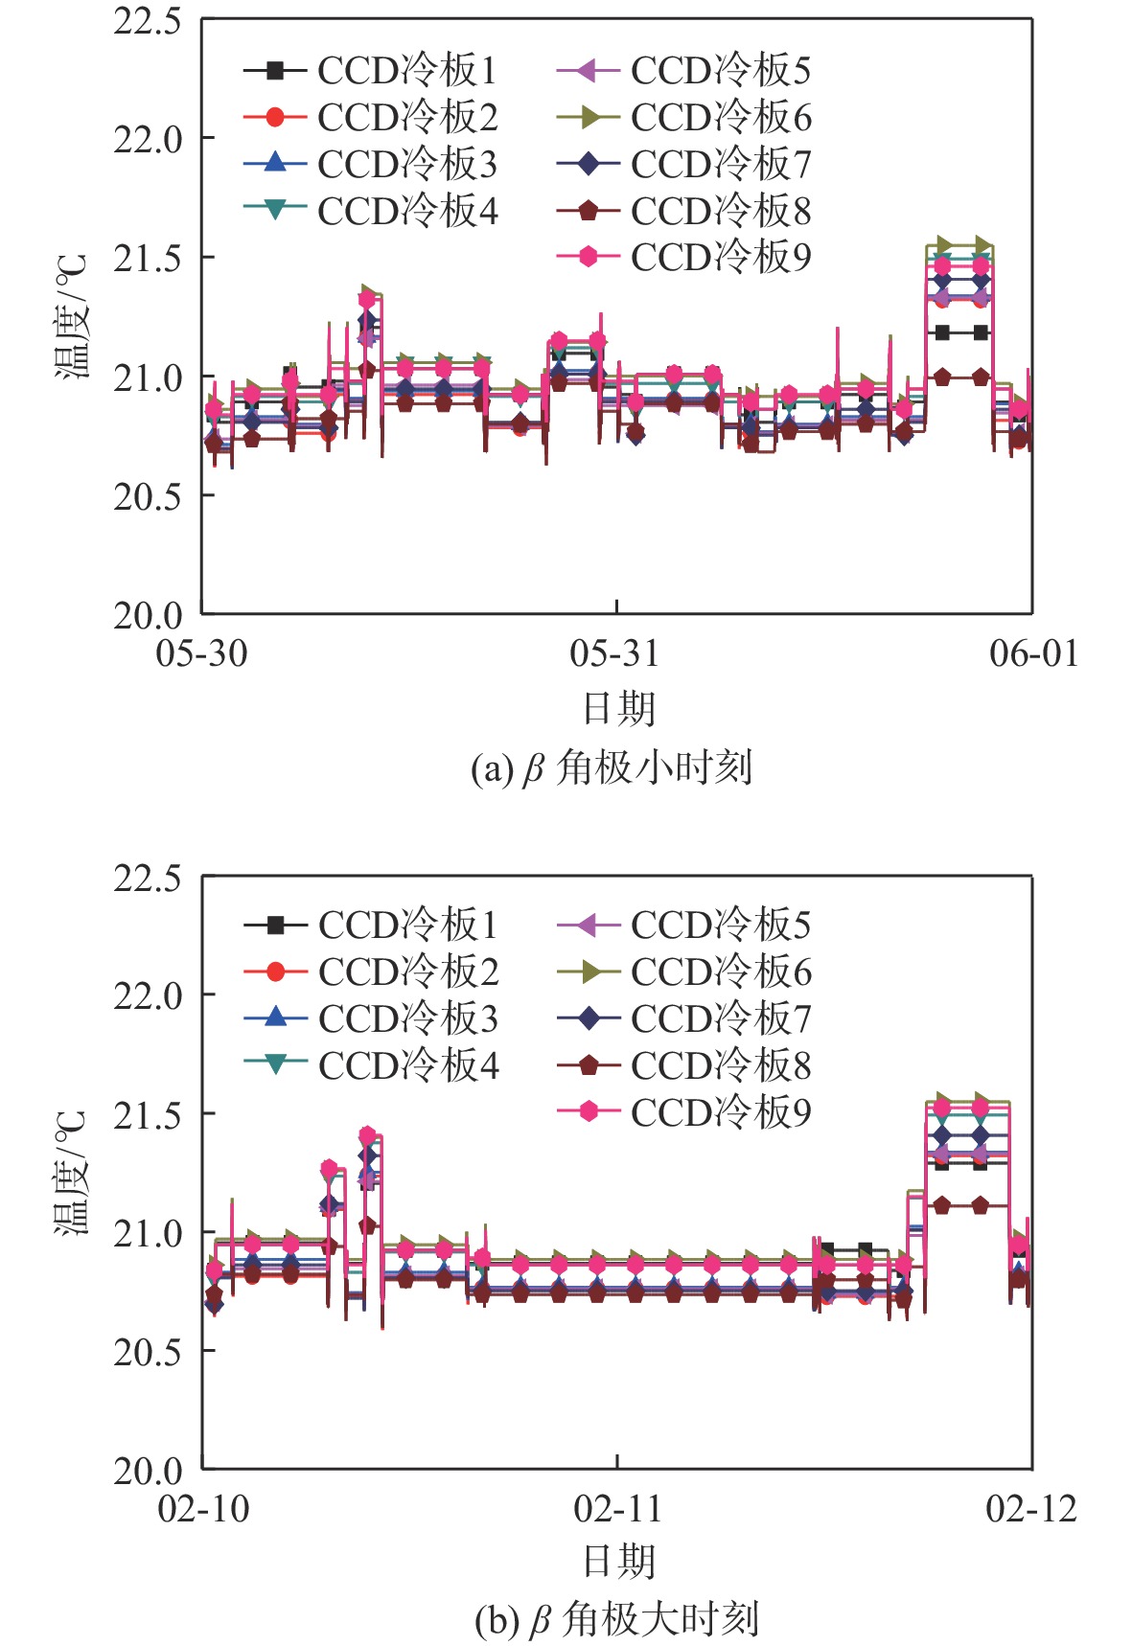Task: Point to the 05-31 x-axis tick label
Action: click(x=614, y=654)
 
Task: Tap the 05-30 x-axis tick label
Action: click(x=201, y=654)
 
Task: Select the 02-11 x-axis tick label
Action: click(x=617, y=1510)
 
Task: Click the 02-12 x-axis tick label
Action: click(x=1031, y=1510)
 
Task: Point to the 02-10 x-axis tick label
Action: click(x=203, y=1510)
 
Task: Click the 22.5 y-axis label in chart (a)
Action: click(x=147, y=21)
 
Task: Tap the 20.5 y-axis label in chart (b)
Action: click(x=147, y=1352)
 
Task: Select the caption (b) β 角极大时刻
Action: click(x=616, y=1620)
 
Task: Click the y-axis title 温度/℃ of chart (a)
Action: click(x=71, y=316)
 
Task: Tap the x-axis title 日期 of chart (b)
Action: click(x=619, y=1562)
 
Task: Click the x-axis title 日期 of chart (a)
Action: click(x=619, y=709)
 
